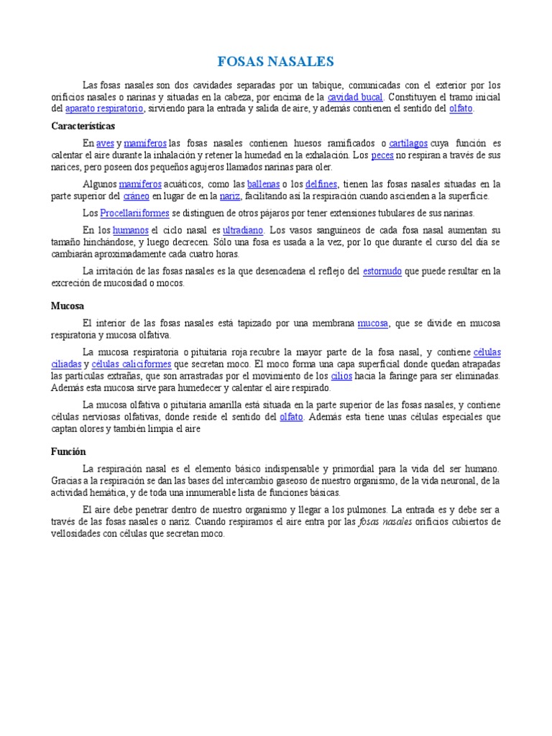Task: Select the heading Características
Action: point(83,126)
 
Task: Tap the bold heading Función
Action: point(69,451)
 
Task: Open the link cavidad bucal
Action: point(355,96)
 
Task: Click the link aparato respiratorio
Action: point(105,109)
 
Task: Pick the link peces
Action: point(382,155)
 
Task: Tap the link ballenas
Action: point(264,184)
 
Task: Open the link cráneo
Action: point(136,195)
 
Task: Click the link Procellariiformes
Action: point(135,213)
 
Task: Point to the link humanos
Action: point(131,230)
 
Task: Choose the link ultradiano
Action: point(243,230)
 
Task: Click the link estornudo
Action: point(382,271)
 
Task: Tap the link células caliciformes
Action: point(121,364)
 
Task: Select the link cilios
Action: point(341,375)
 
